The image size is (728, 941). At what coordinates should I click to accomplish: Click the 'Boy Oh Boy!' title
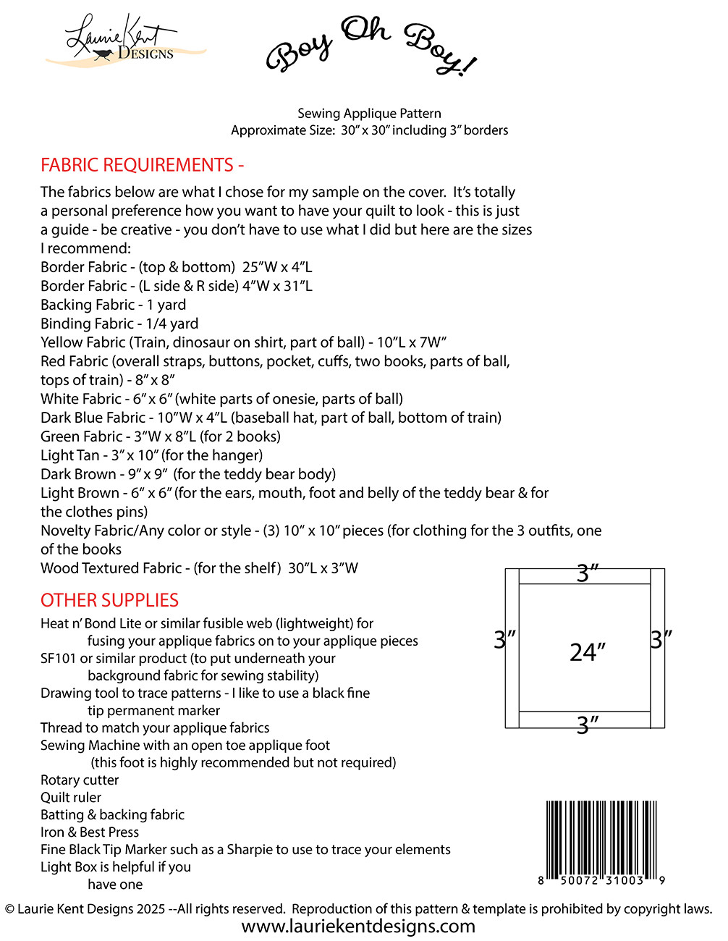coord(371,46)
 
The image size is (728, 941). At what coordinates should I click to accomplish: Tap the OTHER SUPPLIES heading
coord(109,600)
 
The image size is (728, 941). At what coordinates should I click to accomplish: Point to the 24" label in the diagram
coord(587,652)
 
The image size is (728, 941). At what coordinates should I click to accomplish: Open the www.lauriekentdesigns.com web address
coord(358,927)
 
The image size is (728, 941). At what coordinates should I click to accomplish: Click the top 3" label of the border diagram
coord(588,573)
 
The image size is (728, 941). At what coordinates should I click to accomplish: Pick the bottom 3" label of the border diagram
coord(588,725)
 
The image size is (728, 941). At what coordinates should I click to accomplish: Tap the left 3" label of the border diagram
coord(504,640)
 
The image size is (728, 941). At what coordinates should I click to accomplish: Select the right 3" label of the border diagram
coord(661,640)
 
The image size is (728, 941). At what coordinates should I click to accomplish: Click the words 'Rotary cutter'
coord(80,780)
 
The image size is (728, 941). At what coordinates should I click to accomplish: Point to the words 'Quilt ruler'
coord(71,798)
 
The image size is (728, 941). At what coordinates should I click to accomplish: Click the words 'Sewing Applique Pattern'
coord(369,114)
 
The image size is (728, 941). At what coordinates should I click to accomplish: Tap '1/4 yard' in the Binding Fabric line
coord(172,324)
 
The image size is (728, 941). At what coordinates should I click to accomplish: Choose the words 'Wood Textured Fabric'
coord(111,568)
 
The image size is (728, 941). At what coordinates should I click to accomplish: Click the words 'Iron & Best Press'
coord(90,832)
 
